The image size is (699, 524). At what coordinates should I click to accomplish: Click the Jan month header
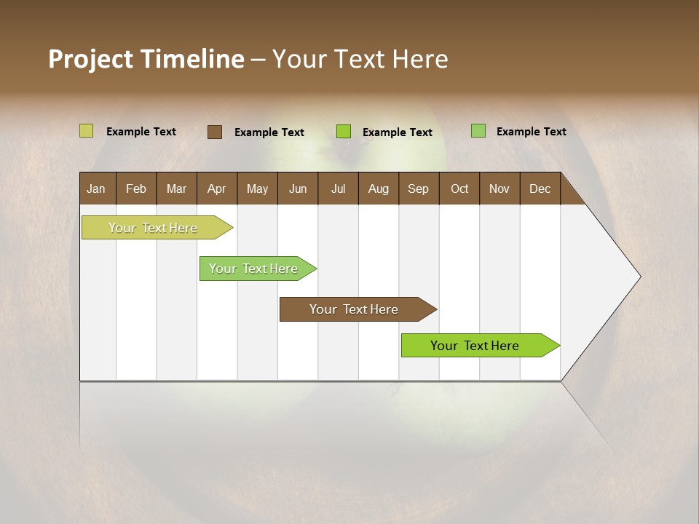[97, 188]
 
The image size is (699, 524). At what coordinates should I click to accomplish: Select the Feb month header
[136, 188]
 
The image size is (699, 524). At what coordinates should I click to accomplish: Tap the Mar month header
[176, 188]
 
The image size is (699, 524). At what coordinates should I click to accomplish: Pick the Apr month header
[217, 188]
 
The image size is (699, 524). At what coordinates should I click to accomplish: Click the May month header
[257, 188]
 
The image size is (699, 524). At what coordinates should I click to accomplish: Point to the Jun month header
[298, 188]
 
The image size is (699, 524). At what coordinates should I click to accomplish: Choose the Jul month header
[338, 188]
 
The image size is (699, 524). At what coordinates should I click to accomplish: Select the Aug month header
[379, 188]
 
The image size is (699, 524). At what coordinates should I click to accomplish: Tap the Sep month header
[419, 188]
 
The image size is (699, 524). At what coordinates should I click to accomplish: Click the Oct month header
[459, 188]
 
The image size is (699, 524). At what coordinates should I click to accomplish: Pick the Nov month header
[499, 188]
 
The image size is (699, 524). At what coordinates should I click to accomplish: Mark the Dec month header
[540, 188]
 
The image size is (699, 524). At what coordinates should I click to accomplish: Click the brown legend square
[215, 132]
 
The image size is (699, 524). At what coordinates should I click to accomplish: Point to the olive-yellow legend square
[87, 131]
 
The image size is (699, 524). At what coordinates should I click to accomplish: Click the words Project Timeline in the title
[146, 59]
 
